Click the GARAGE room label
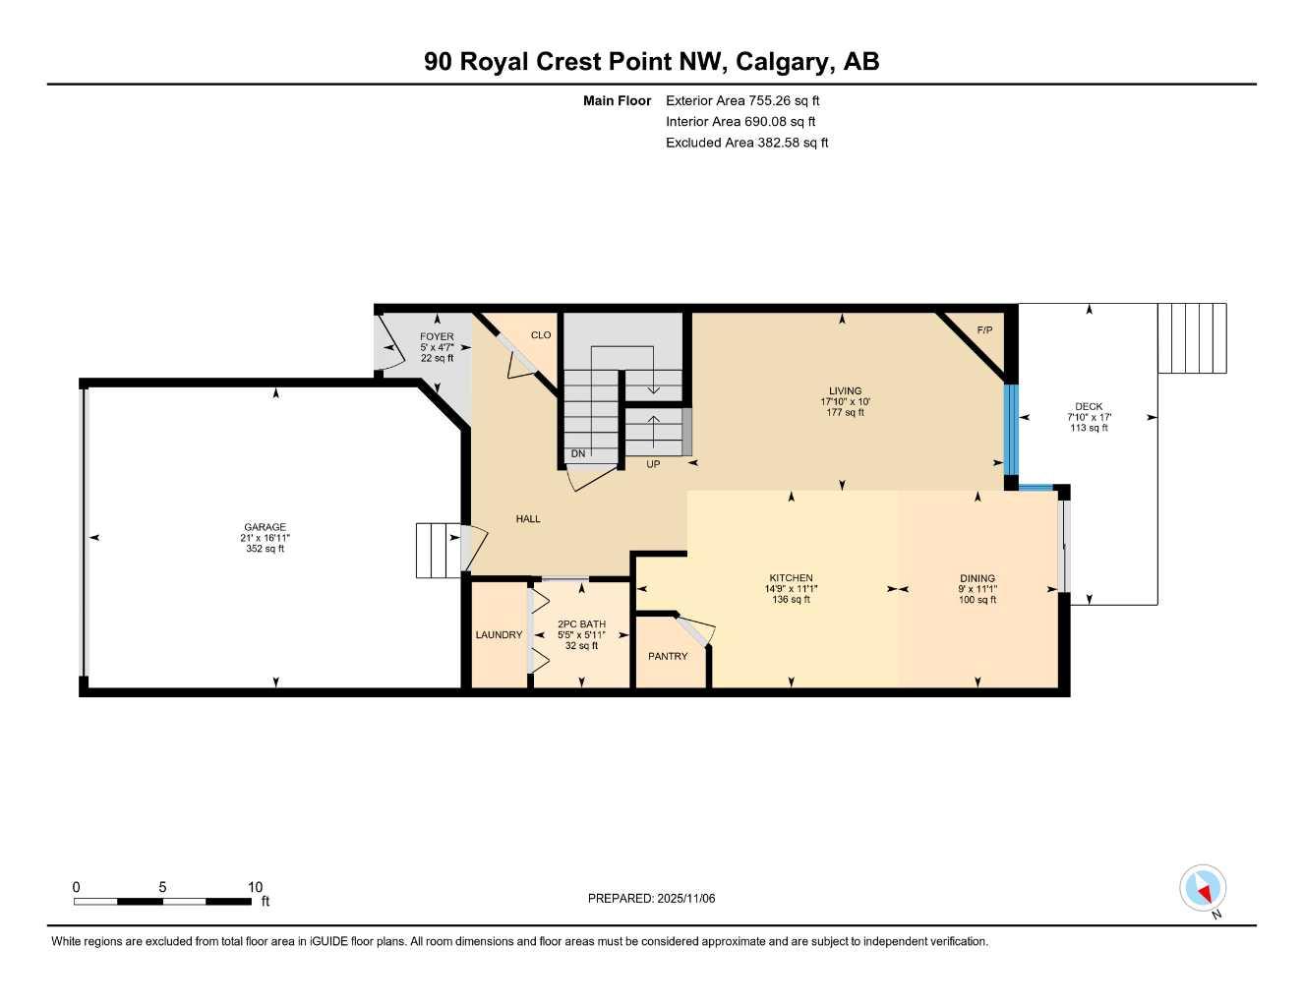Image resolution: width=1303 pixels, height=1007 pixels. click(x=266, y=527)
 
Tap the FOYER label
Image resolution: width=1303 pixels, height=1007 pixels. click(x=437, y=336)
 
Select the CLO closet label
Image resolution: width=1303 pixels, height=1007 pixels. click(x=541, y=335)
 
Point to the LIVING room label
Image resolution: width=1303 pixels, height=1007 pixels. click(x=844, y=390)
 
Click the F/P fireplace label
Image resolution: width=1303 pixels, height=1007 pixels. click(x=984, y=329)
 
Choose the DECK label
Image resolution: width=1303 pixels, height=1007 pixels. click(x=1089, y=406)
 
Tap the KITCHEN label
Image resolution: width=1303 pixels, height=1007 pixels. click(x=791, y=578)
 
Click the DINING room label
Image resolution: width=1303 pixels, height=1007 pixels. click(x=977, y=578)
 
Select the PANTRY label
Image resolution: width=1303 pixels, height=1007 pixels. click(x=668, y=656)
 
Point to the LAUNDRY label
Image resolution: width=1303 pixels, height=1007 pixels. click(x=499, y=635)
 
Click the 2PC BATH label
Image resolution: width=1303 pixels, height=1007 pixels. click(x=581, y=624)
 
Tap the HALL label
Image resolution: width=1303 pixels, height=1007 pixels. click(x=528, y=519)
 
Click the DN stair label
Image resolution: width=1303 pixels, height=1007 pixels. click(x=578, y=453)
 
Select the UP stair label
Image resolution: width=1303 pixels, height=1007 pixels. click(x=653, y=464)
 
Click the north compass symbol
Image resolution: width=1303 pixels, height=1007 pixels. click(x=1203, y=889)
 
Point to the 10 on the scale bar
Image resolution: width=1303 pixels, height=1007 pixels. click(x=255, y=887)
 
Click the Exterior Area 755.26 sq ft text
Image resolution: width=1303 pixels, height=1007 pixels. click(x=742, y=100)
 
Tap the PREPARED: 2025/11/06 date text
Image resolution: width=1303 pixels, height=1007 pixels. click(x=651, y=898)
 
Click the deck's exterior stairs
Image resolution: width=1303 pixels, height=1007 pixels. click(x=1192, y=338)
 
